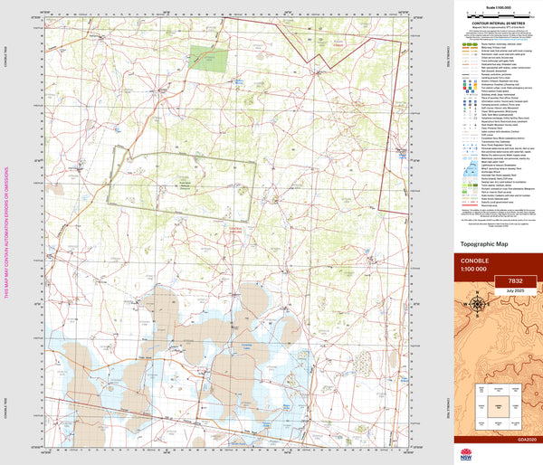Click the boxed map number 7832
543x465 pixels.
click(515, 281)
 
